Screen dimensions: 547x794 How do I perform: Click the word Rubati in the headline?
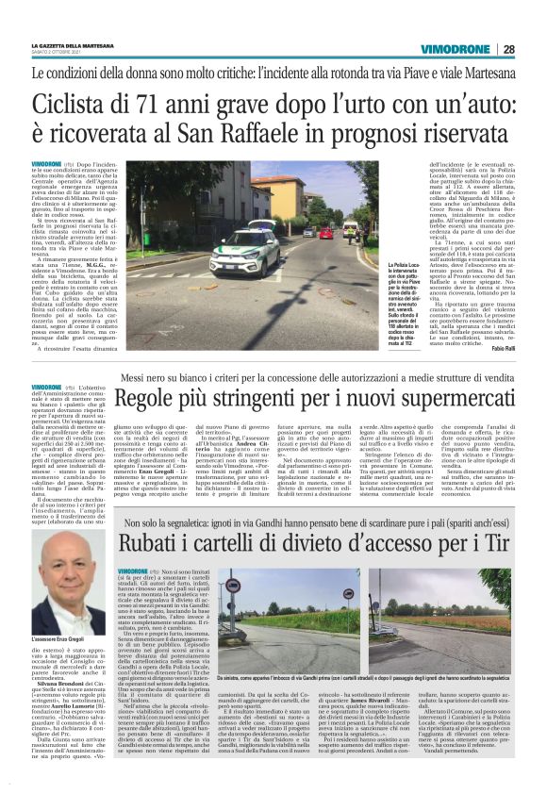pos(157,540)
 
